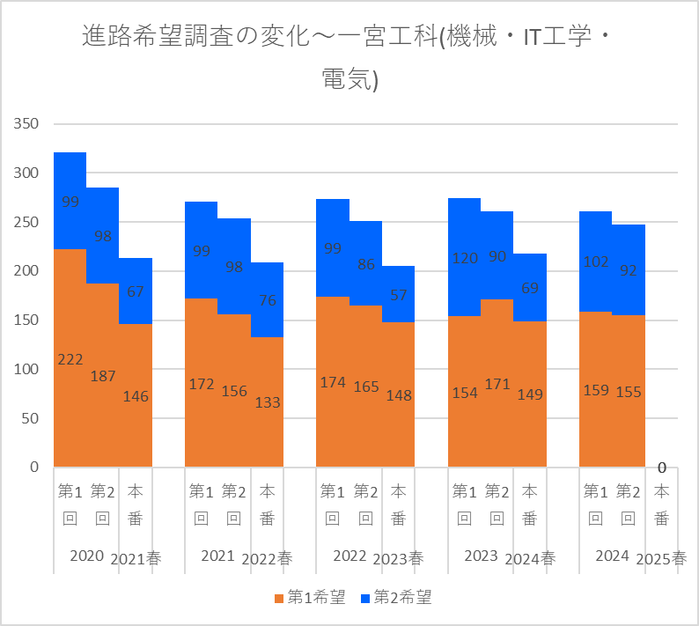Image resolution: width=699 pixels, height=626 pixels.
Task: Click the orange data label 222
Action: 70,359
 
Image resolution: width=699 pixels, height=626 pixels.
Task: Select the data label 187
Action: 103,376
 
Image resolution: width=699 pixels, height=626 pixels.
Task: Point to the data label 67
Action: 136,291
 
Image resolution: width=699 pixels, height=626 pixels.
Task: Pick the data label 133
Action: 267,402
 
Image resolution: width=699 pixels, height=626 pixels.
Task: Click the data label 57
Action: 398,294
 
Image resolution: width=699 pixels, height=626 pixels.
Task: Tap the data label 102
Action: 595,261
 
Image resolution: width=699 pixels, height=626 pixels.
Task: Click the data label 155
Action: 629,391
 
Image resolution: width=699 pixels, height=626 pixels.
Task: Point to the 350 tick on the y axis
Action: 26,124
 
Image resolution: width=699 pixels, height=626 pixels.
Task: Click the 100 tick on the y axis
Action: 26,369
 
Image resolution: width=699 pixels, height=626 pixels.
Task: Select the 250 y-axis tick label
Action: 26,222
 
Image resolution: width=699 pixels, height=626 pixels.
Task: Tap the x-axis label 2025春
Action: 661,558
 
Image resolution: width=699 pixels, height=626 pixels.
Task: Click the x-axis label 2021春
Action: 136,558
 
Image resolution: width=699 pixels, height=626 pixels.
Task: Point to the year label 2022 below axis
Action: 349,556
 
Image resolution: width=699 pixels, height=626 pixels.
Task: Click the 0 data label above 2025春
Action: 661,468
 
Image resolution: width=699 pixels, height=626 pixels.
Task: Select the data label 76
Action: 267,300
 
